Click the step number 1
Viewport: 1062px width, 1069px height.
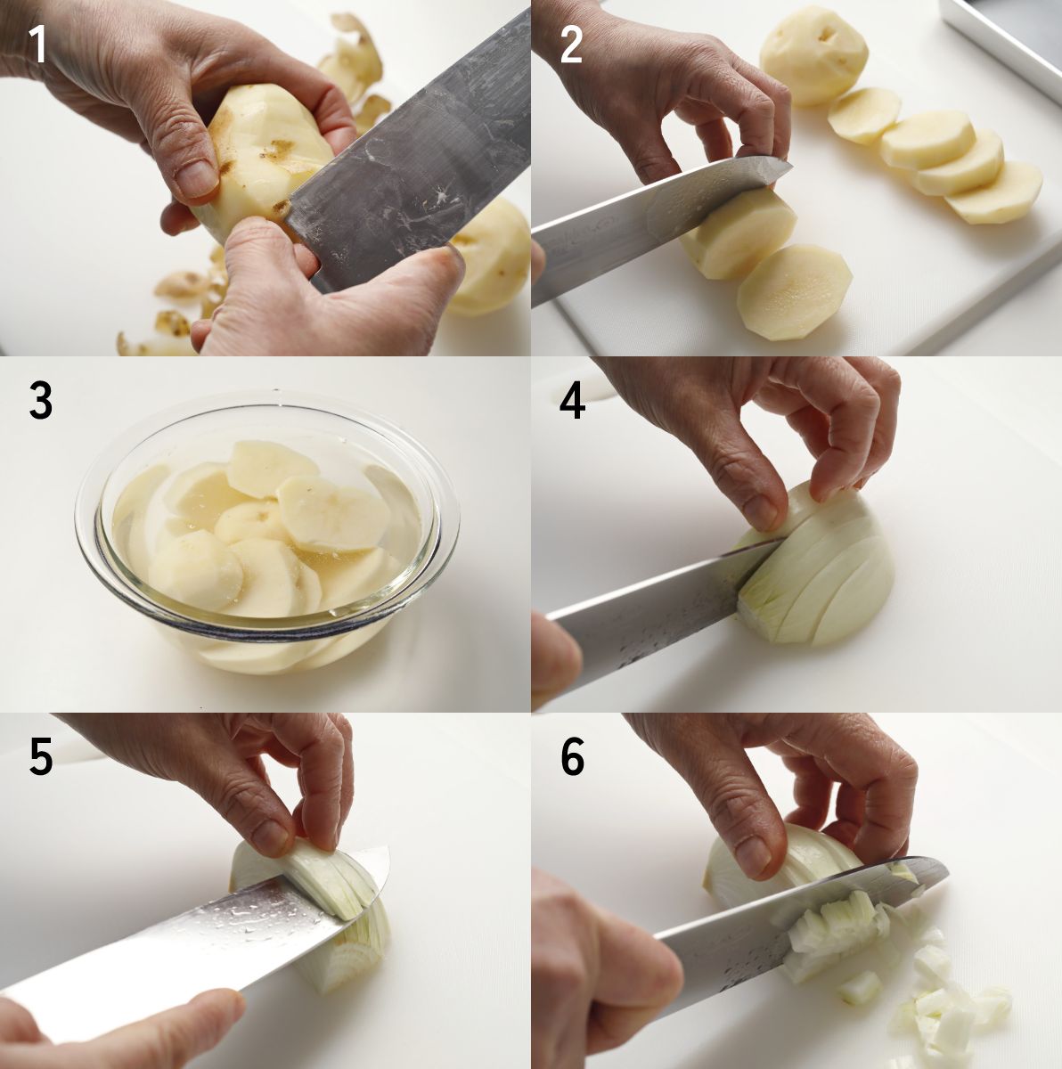37,45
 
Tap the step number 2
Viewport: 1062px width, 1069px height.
571,45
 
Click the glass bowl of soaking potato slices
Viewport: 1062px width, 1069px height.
267,533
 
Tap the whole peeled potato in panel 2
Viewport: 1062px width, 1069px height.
813,55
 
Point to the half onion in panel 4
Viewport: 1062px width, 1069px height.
815,566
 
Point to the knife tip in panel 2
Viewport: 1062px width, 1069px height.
790,165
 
